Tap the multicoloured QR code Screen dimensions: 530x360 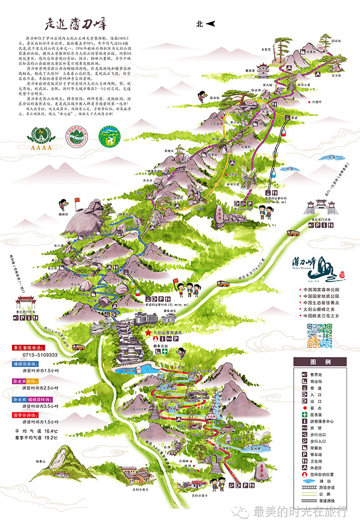click(319, 335)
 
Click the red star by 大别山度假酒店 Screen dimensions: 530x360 click(148, 331)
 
